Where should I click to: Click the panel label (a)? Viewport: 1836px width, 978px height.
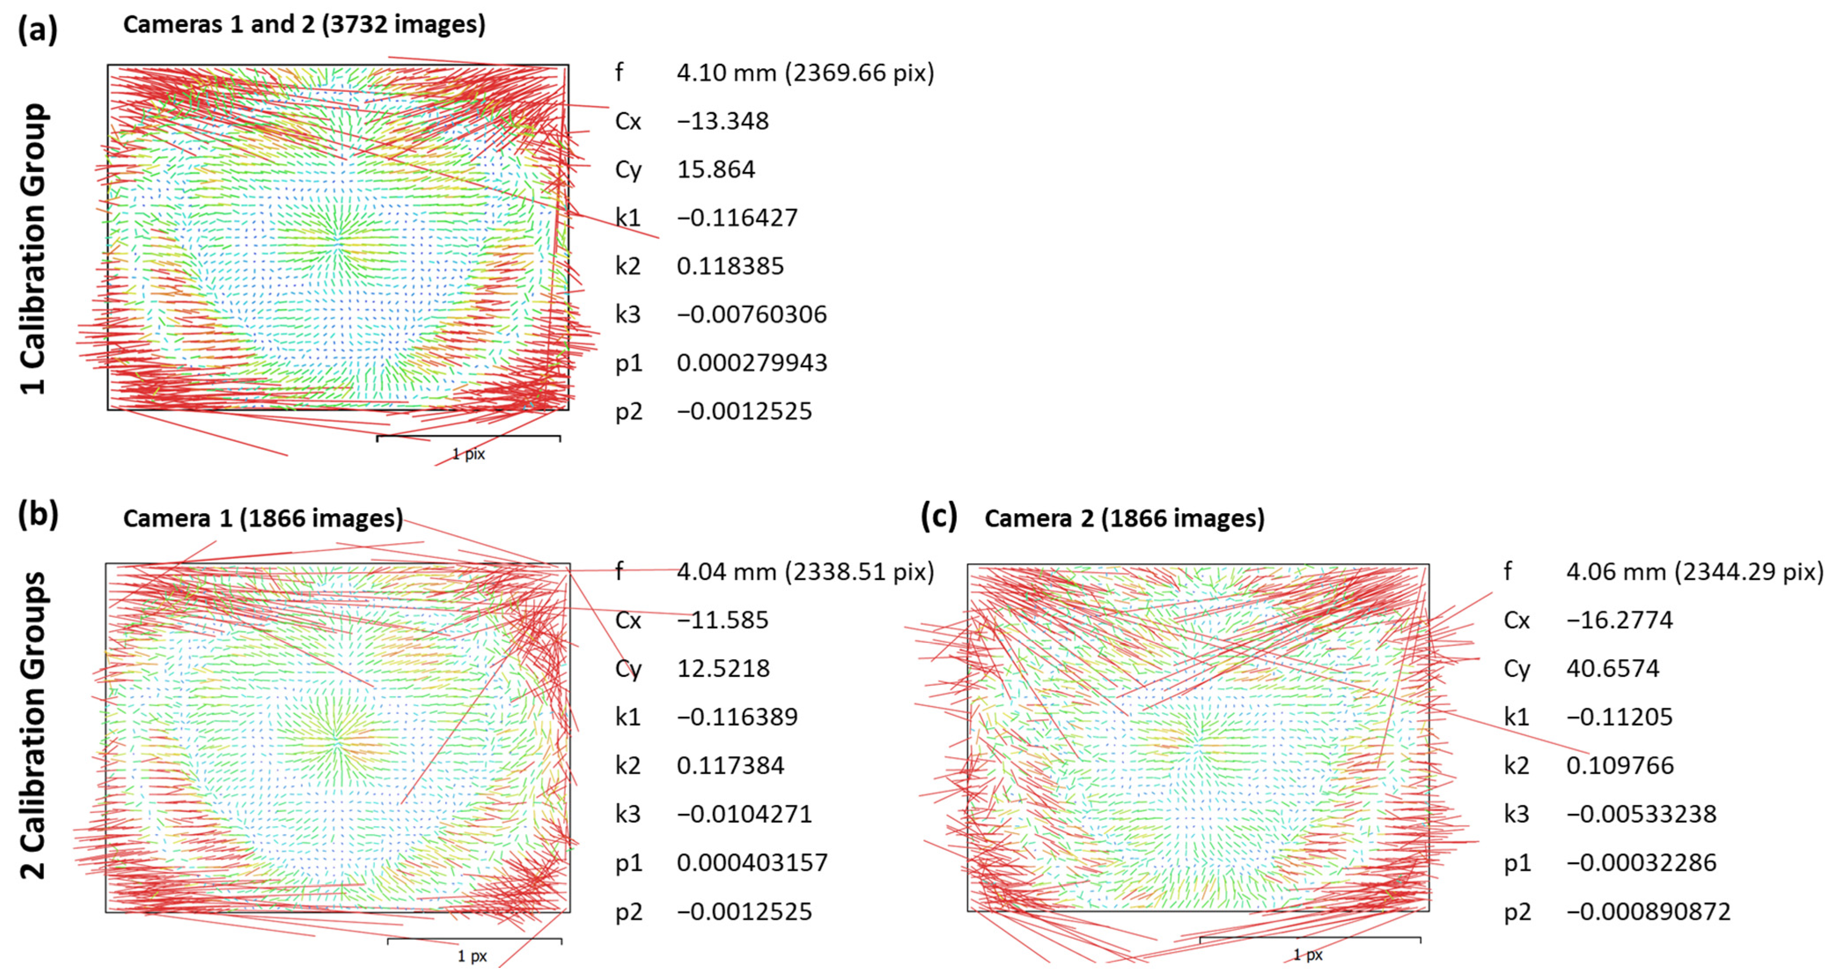click(37, 30)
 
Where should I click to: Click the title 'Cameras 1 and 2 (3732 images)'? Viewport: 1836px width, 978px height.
click(305, 24)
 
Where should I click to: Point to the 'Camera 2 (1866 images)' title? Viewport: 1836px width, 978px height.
click(1124, 518)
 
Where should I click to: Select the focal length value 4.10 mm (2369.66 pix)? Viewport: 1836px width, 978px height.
click(804, 73)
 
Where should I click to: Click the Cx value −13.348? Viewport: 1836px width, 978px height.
click(722, 121)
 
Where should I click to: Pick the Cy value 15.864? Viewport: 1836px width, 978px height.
click(716, 169)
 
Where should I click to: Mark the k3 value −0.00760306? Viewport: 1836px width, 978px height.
click(751, 314)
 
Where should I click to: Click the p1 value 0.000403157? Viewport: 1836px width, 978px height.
click(752, 863)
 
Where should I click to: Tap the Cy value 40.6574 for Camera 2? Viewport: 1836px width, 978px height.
click(1612, 669)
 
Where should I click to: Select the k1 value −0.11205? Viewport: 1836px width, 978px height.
click(1619, 717)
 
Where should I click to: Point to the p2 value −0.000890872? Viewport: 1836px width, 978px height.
click(1648, 912)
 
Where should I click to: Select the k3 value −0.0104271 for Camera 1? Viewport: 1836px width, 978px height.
click(744, 814)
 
